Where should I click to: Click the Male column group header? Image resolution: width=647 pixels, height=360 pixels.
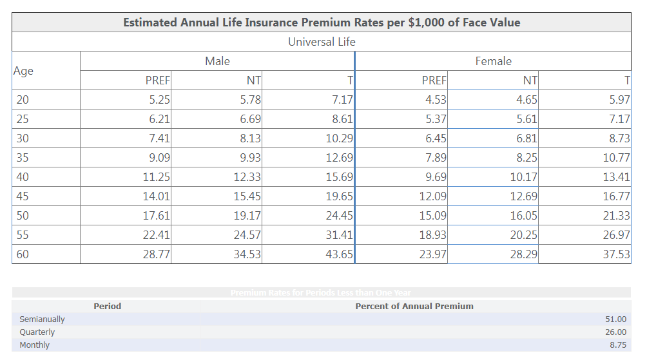(217, 61)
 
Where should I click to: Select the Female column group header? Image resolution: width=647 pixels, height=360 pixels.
(493, 61)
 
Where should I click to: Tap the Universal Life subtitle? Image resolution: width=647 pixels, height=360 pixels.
(322, 42)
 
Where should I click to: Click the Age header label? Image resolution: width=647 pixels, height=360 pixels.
(23, 71)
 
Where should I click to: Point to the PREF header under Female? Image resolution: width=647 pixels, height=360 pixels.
(434, 81)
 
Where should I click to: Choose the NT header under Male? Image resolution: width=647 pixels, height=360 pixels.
(253, 81)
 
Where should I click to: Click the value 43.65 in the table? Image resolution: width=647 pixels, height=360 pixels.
(340, 254)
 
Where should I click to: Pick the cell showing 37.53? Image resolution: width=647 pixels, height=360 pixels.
(616, 254)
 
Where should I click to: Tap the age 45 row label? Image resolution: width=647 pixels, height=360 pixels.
(23, 196)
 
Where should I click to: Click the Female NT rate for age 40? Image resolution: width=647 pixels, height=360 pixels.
(523, 177)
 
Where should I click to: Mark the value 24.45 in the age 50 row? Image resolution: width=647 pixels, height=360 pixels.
(340, 216)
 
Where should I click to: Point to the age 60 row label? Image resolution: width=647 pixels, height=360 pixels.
(23, 254)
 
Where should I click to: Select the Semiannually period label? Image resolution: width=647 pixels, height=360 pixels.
(42, 319)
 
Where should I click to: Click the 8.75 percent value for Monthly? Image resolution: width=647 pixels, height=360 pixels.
(617, 345)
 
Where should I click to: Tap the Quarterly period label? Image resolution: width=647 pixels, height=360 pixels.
(37, 332)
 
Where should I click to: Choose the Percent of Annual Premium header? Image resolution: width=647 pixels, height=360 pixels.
(414, 306)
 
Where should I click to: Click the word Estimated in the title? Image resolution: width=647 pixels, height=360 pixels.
(150, 23)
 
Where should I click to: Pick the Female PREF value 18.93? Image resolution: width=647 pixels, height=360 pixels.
(433, 235)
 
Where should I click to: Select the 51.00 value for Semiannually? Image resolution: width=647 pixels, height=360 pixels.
(616, 319)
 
